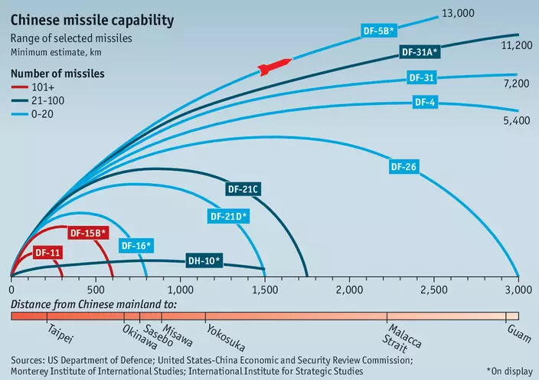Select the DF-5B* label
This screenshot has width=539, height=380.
pos(378,31)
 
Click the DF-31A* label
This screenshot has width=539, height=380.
pos(420,52)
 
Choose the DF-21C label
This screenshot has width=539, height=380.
pos(243,188)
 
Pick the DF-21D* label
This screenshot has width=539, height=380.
pos(229,216)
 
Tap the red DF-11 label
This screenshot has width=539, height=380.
pos(47,251)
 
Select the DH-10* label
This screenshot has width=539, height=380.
pos(204,260)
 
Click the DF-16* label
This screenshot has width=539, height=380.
pos(136,245)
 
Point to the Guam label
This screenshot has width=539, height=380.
pos(519,330)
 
